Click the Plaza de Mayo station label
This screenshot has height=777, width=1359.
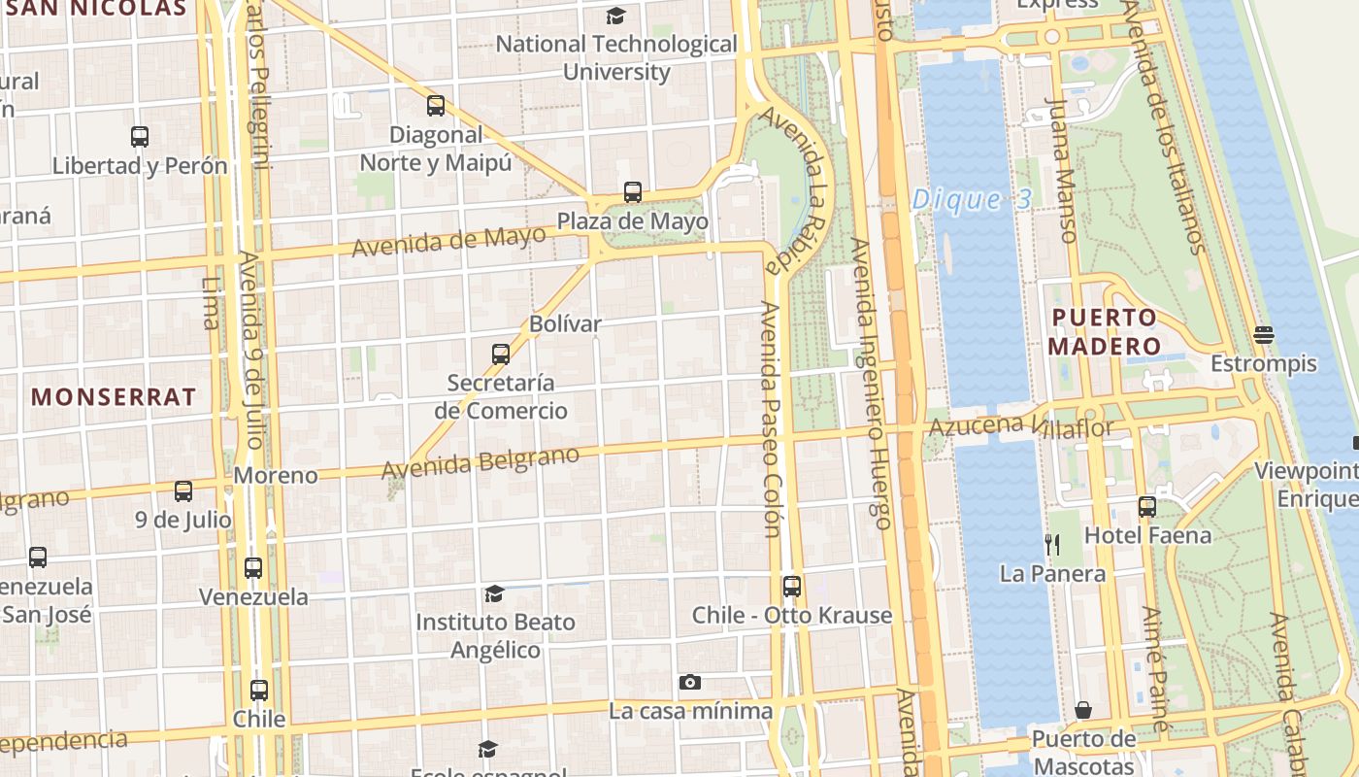[633, 222]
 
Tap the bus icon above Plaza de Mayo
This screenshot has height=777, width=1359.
[633, 192]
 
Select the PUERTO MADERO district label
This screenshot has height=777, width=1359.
[1104, 332]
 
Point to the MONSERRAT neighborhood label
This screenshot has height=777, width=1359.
[114, 396]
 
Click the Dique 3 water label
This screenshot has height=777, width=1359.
[971, 200]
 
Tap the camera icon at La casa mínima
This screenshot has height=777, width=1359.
[690, 683]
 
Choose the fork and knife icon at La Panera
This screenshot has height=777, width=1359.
[1051, 544]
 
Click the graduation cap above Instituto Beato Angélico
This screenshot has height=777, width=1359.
[495, 593]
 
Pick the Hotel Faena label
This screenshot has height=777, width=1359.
[1147, 535]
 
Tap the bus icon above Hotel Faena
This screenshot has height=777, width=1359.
[1147, 507]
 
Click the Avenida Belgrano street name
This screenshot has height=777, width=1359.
[481, 462]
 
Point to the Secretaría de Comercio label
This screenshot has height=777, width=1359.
[501, 396]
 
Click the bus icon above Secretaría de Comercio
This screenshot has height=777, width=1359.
[501, 355]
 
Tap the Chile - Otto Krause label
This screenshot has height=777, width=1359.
[792, 615]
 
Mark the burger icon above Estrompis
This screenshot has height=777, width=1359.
[1263, 335]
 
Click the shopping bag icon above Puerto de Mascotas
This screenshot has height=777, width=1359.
[1083, 711]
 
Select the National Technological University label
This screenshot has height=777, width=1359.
[617, 57]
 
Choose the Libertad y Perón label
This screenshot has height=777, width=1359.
[140, 165]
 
